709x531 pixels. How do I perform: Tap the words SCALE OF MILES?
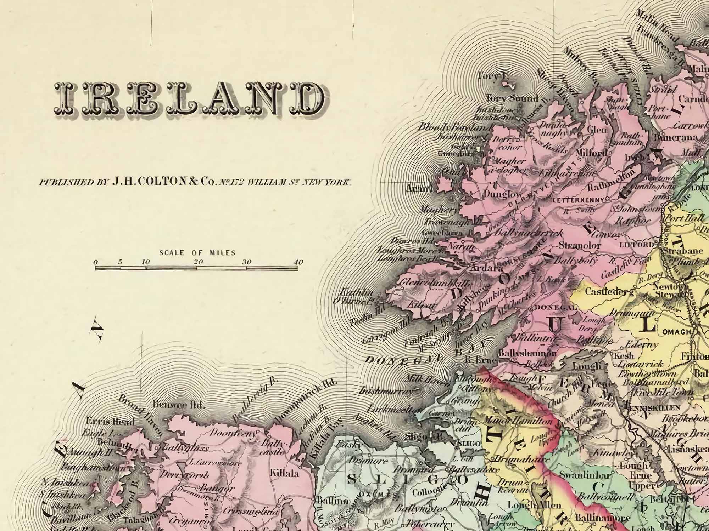click(x=197, y=253)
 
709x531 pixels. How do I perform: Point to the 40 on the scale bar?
click(x=298, y=262)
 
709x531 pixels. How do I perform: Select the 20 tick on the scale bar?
click(x=198, y=262)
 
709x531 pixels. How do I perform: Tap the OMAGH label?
click(x=676, y=332)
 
